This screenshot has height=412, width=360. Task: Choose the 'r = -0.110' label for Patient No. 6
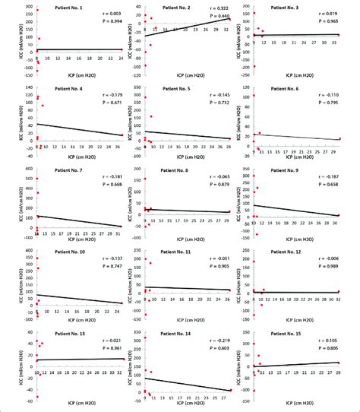[x=331, y=89]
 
